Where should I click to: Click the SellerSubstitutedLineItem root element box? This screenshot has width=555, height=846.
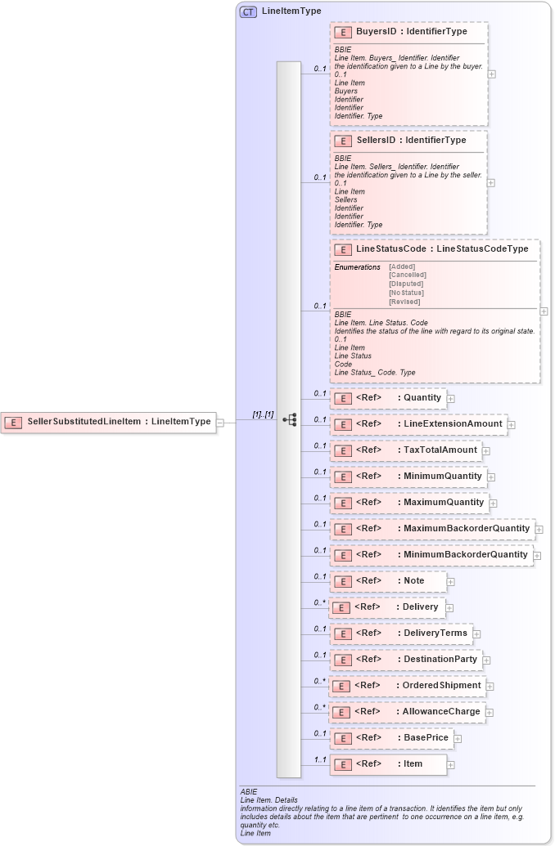pos(108,422)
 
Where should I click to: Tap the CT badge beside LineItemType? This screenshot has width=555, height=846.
pos(248,11)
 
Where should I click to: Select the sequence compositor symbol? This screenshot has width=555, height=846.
pos(289,419)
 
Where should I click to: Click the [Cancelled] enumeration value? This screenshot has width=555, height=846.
pos(407,275)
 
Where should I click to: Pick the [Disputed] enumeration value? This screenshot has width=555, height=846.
pos(406,284)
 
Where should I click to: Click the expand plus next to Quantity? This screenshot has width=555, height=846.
pos(450,398)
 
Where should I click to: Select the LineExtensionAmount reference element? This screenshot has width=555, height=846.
pos(418,424)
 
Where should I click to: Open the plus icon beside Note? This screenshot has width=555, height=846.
pos(450,581)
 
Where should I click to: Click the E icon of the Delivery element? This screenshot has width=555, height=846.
pos(341,608)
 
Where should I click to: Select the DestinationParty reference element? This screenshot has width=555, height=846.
pos(405,660)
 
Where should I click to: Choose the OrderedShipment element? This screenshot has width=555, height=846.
pos(406,686)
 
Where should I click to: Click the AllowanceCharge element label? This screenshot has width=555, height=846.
pos(440,712)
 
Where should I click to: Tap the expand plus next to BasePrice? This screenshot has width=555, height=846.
pos(458,738)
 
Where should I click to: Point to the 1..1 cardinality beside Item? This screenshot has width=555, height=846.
pos(321,761)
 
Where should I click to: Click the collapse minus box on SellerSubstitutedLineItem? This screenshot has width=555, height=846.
pos(219,422)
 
